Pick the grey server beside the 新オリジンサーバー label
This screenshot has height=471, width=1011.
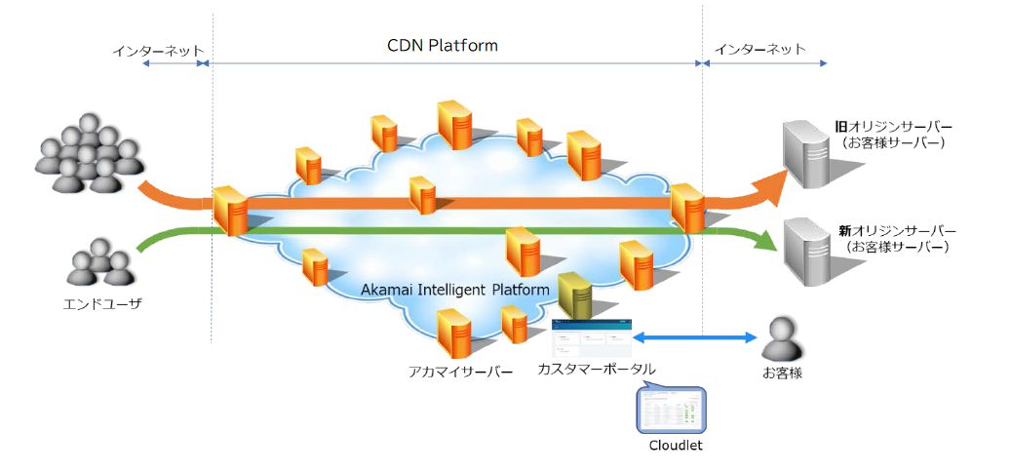[807, 250]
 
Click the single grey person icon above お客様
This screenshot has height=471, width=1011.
[784, 338]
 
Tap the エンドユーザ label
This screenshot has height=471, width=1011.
[98, 304]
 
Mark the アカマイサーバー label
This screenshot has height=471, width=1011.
[460, 372]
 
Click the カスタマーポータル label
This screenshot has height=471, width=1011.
[596, 370]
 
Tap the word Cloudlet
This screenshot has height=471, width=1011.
[675, 446]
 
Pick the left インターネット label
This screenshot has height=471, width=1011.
[158, 49]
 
